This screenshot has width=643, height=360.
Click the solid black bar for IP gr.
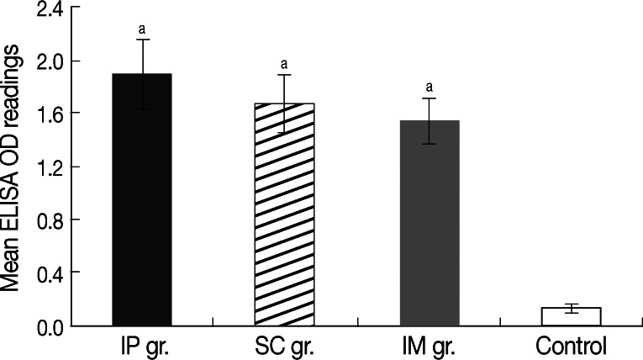(142, 202)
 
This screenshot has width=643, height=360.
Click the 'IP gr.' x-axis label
(143, 345)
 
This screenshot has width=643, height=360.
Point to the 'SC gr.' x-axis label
(286, 345)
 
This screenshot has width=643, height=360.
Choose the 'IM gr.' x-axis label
(430, 345)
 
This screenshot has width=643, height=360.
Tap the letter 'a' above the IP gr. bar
(142, 28)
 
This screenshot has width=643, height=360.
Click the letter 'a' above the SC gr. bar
(286, 63)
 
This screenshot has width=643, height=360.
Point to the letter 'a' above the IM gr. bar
(430, 87)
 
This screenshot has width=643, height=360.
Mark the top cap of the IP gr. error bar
(142, 40)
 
